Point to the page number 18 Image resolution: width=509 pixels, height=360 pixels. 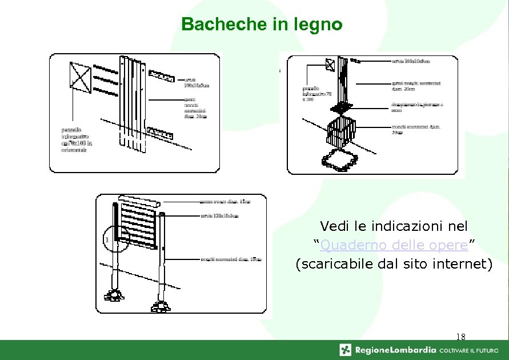(461, 337)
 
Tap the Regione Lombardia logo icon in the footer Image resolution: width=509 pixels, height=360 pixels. (345, 350)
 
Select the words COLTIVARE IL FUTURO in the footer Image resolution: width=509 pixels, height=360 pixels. (471, 350)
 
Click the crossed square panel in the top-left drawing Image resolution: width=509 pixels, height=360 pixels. (80, 78)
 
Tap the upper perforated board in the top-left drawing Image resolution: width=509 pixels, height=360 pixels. (162, 75)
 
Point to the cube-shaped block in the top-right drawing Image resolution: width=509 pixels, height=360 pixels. (341, 131)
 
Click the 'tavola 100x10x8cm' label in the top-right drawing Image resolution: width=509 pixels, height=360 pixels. (411, 60)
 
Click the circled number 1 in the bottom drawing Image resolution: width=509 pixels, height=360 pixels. (107, 238)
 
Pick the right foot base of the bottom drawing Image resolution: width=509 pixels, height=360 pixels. (161, 306)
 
